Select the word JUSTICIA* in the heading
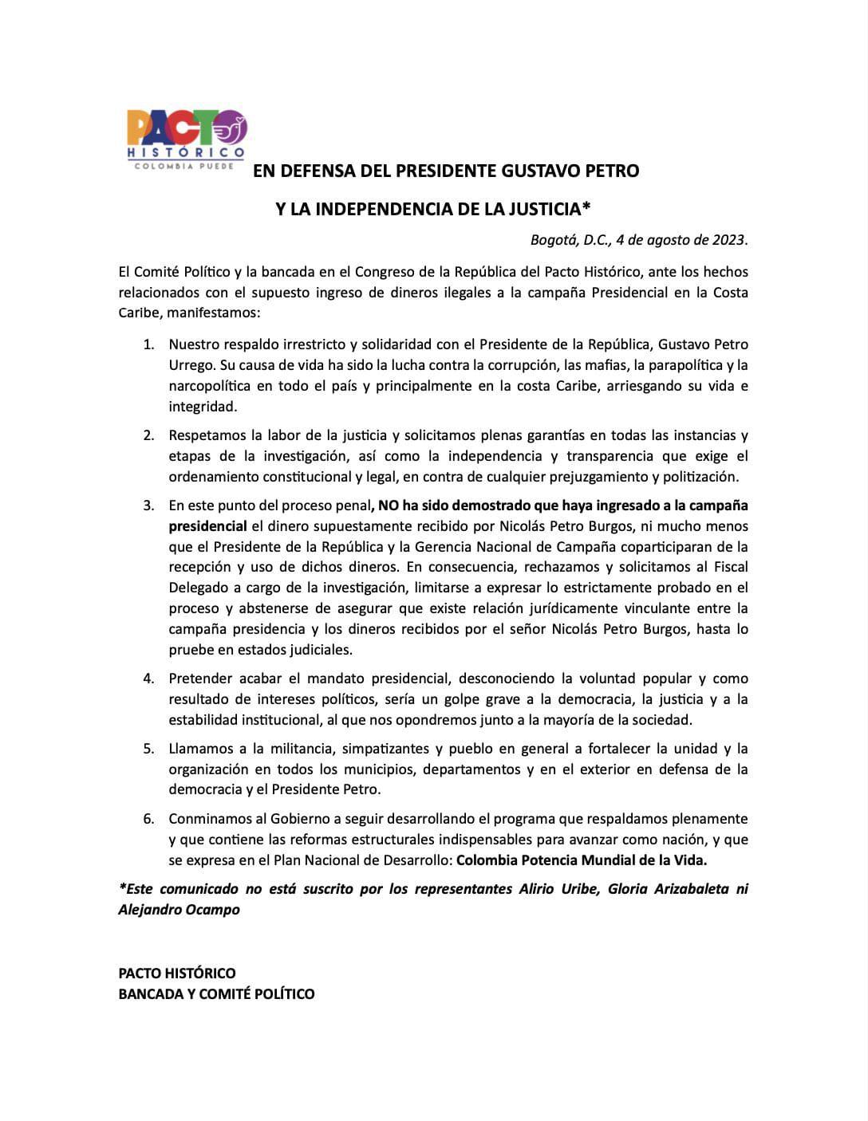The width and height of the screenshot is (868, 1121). click(x=550, y=209)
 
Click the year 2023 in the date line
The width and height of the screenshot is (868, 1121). click(x=730, y=240)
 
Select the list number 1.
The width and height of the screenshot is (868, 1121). click(x=148, y=344)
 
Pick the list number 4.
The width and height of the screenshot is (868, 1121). click(x=148, y=678)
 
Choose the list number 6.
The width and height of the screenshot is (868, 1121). click(x=148, y=819)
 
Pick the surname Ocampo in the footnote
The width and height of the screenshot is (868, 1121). click(x=211, y=910)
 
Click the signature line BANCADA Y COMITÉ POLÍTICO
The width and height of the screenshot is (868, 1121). click(x=216, y=994)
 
